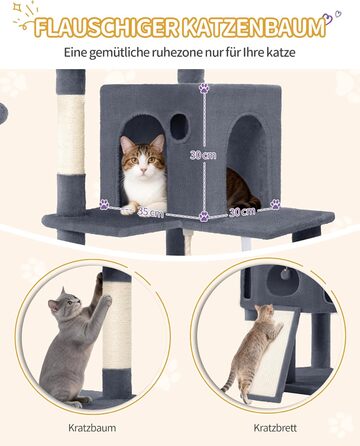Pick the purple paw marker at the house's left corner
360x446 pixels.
pyautogui.click(x=105, y=204)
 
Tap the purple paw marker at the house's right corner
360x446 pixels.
pyautogui.click(x=275, y=204)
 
